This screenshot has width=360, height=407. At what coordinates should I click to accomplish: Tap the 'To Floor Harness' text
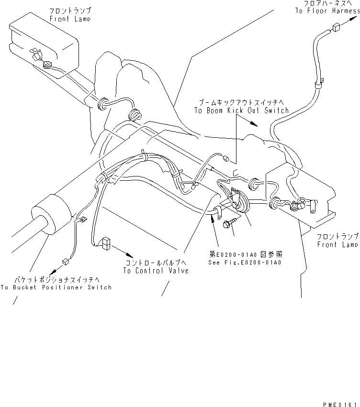point(326,11)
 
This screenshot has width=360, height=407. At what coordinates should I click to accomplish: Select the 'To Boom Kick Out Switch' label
point(241,110)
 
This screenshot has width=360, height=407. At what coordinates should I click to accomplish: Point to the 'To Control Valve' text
point(156,271)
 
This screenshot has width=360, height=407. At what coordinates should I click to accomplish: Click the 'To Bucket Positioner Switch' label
point(56,287)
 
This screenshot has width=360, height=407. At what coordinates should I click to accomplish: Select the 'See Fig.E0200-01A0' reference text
point(244,263)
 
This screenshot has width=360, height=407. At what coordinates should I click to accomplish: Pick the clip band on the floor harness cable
point(317,87)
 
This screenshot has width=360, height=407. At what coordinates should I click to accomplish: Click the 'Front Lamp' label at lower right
point(337,241)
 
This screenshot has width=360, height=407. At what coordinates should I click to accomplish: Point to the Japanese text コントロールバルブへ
point(156,264)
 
